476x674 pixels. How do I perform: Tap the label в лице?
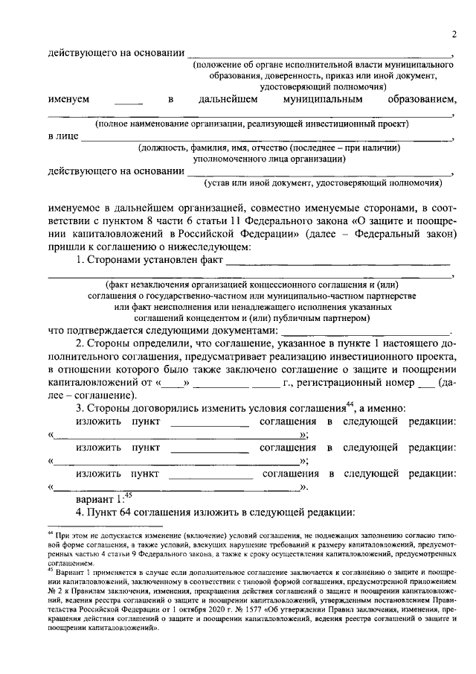click(62, 136)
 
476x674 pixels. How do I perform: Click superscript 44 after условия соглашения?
click(351, 404)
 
